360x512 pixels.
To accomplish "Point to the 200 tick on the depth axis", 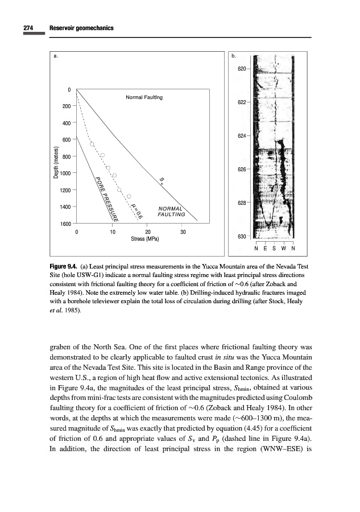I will [x=66, y=106].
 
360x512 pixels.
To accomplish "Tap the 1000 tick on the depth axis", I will [x=64, y=173].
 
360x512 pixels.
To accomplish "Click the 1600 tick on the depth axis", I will [x=64, y=223].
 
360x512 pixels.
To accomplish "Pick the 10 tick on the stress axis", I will [x=113, y=232].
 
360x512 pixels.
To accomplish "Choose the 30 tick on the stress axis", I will [x=183, y=232].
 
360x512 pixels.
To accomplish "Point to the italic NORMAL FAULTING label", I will [x=171, y=211].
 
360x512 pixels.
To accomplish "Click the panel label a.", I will [x=55, y=56].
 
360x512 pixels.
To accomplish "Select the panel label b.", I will [x=234, y=56].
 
